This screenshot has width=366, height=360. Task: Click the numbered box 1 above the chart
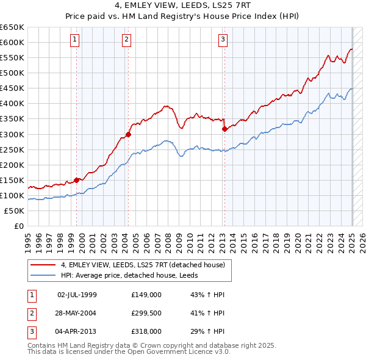(x=74, y=40)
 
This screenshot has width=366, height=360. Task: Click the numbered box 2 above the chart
(x=126, y=40)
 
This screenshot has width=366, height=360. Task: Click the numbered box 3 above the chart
(x=223, y=40)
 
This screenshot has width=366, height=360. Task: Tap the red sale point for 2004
(x=128, y=134)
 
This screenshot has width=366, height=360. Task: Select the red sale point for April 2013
(x=224, y=129)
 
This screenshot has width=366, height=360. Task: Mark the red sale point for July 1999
(x=77, y=180)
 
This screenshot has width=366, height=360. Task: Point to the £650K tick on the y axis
(x=12, y=27)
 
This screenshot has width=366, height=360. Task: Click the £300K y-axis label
(x=12, y=134)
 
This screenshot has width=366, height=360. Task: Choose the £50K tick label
(x=15, y=211)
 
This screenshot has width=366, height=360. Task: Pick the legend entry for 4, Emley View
(x=143, y=265)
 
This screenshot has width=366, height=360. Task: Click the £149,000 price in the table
(x=146, y=295)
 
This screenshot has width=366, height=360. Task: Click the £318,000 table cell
(x=146, y=331)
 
